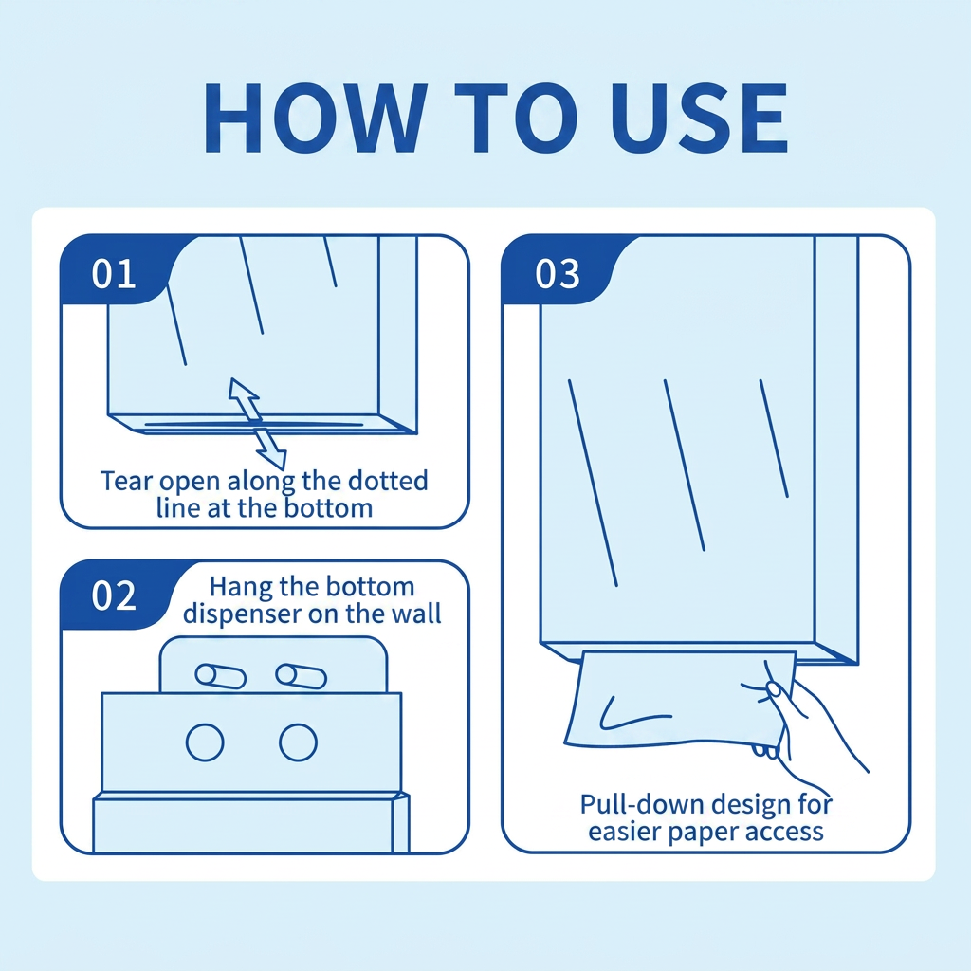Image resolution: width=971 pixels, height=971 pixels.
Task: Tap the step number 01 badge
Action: coord(115,274)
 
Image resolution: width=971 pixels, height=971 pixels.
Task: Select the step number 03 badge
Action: coord(558,274)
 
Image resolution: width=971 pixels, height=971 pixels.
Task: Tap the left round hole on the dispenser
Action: coord(205,742)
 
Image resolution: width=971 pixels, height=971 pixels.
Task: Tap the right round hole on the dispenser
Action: coord(298,742)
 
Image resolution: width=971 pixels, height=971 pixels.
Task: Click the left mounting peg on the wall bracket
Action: coord(220,675)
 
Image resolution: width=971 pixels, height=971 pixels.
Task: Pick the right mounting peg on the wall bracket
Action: coord(301,675)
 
